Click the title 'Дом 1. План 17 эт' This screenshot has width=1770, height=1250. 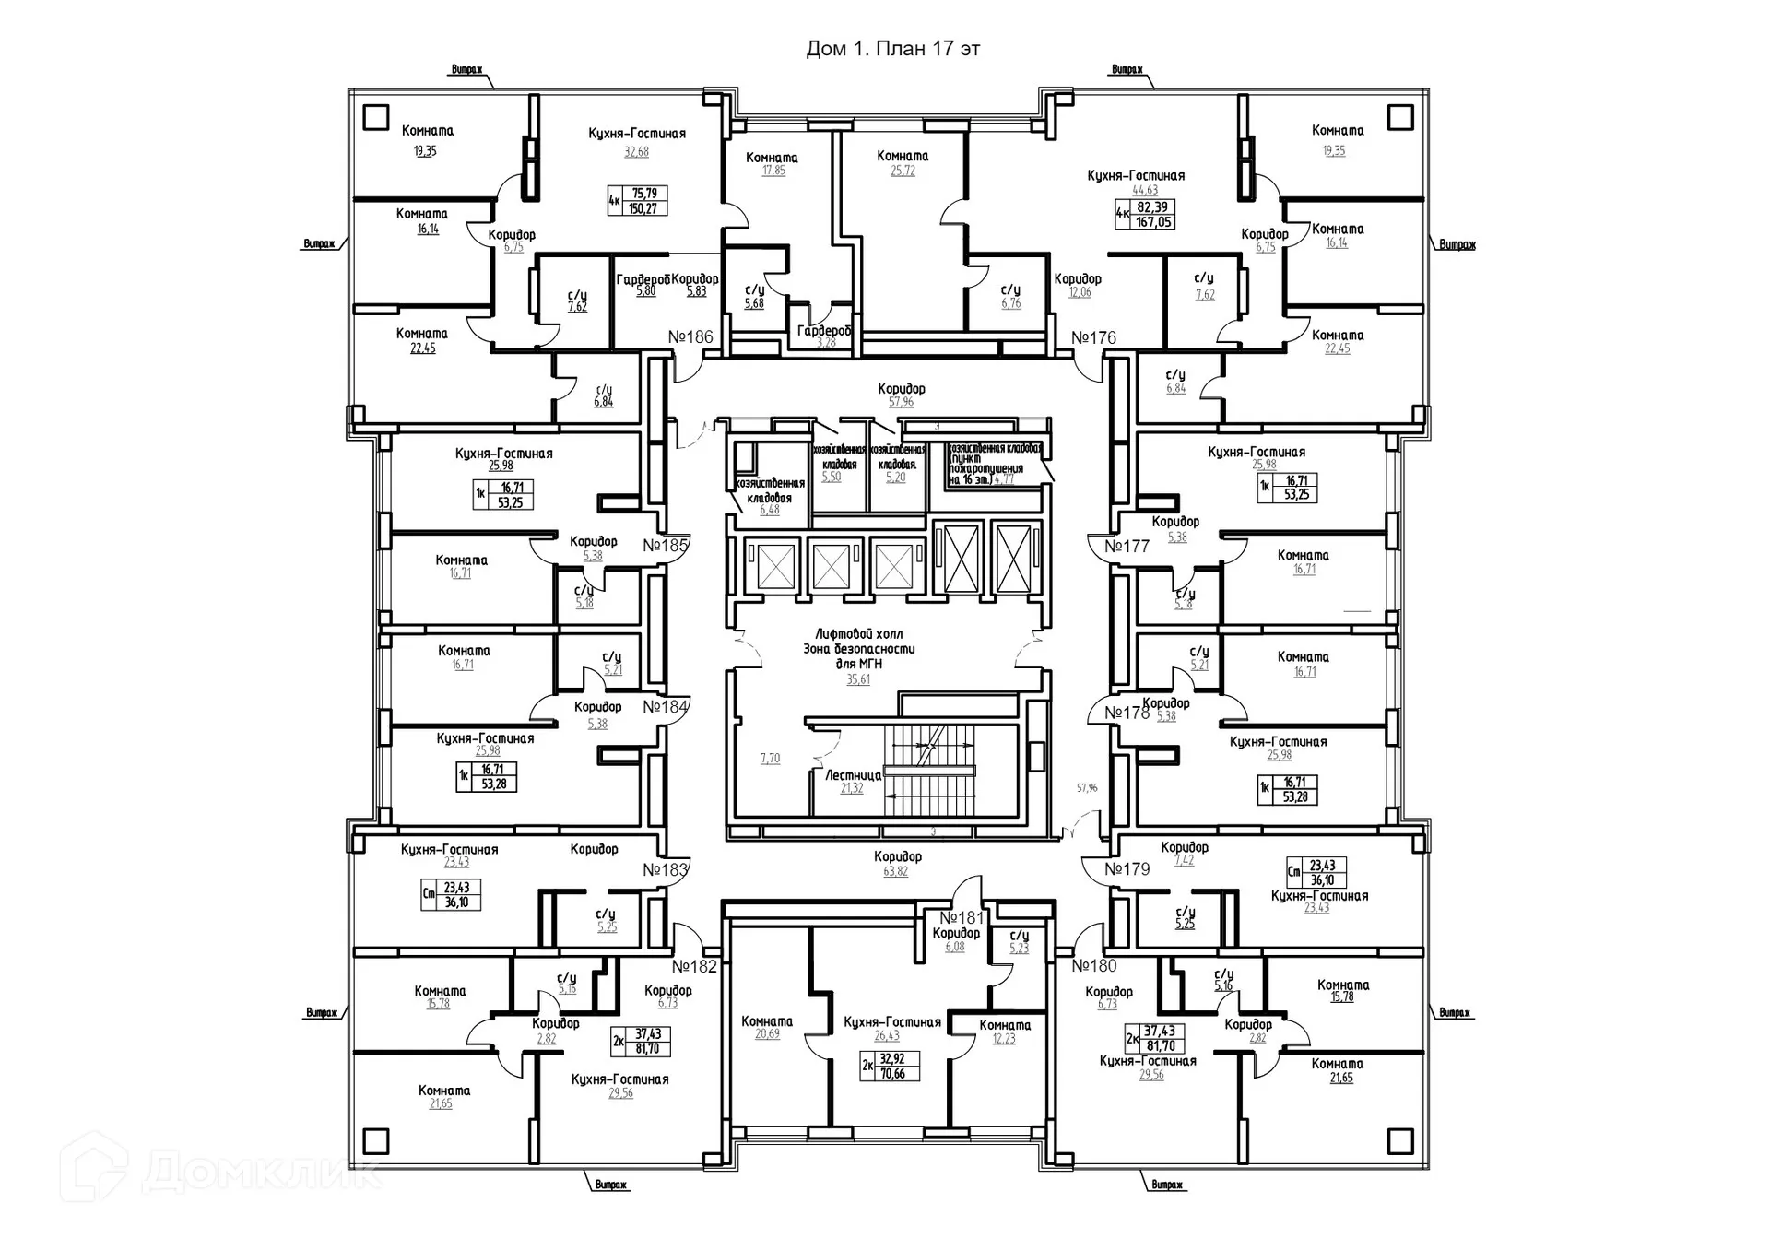click(x=892, y=49)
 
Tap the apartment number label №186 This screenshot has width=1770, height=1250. click(x=690, y=337)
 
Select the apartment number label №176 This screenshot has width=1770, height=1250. click(x=1093, y=338)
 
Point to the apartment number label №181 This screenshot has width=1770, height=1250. click(x=962, y=918)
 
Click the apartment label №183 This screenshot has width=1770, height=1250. click(x=666, y=869)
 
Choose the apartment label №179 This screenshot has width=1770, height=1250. click(x=1127, y=868)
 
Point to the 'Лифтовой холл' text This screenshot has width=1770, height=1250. click(x=858, y=634)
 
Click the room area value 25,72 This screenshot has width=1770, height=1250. click(x=903, y=171)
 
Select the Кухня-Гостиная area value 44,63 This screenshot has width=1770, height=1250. click(x=1145, y=190)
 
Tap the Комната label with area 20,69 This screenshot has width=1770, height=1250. click(x=767, y=1021)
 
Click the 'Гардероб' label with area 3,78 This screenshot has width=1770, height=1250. click(x=824, y=331)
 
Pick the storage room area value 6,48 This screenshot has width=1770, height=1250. click(x=769, y=510)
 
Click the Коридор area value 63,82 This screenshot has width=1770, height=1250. click(x=895, y=871)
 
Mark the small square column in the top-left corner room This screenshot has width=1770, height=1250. click(x=375, y=117)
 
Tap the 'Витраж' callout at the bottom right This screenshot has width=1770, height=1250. click(x=1167, y=1185)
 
